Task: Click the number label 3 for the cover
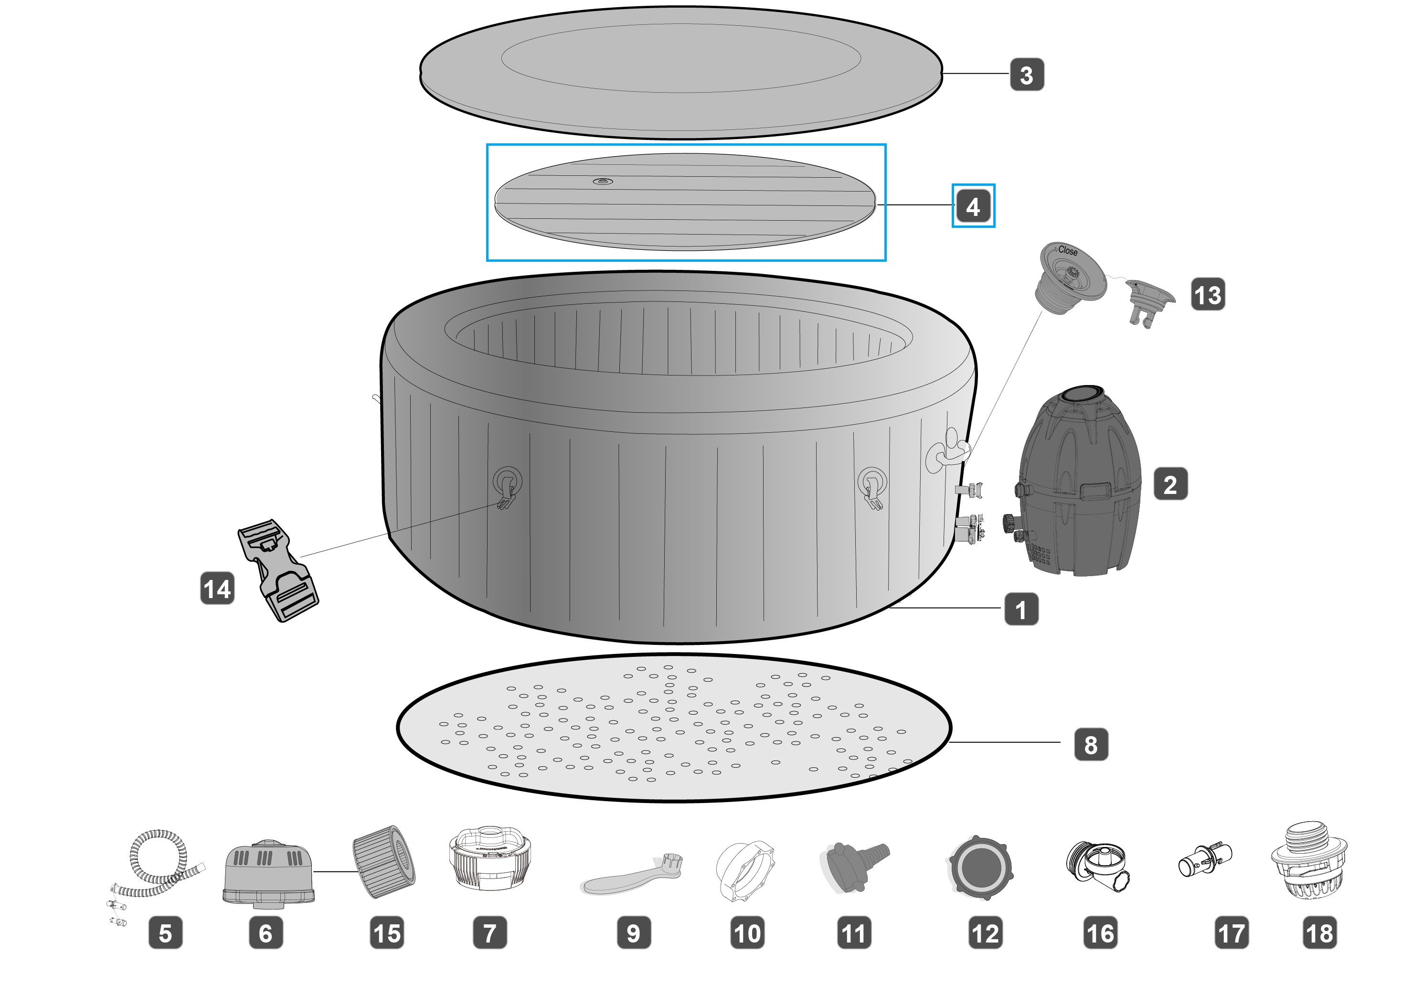point(1027,75)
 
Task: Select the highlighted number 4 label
point(973,206)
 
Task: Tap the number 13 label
point(1208,294)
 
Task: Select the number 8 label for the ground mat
point(1091,744)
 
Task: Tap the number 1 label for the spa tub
point(1021,610)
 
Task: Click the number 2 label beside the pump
point(1170,484)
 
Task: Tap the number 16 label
point(1100,933)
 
